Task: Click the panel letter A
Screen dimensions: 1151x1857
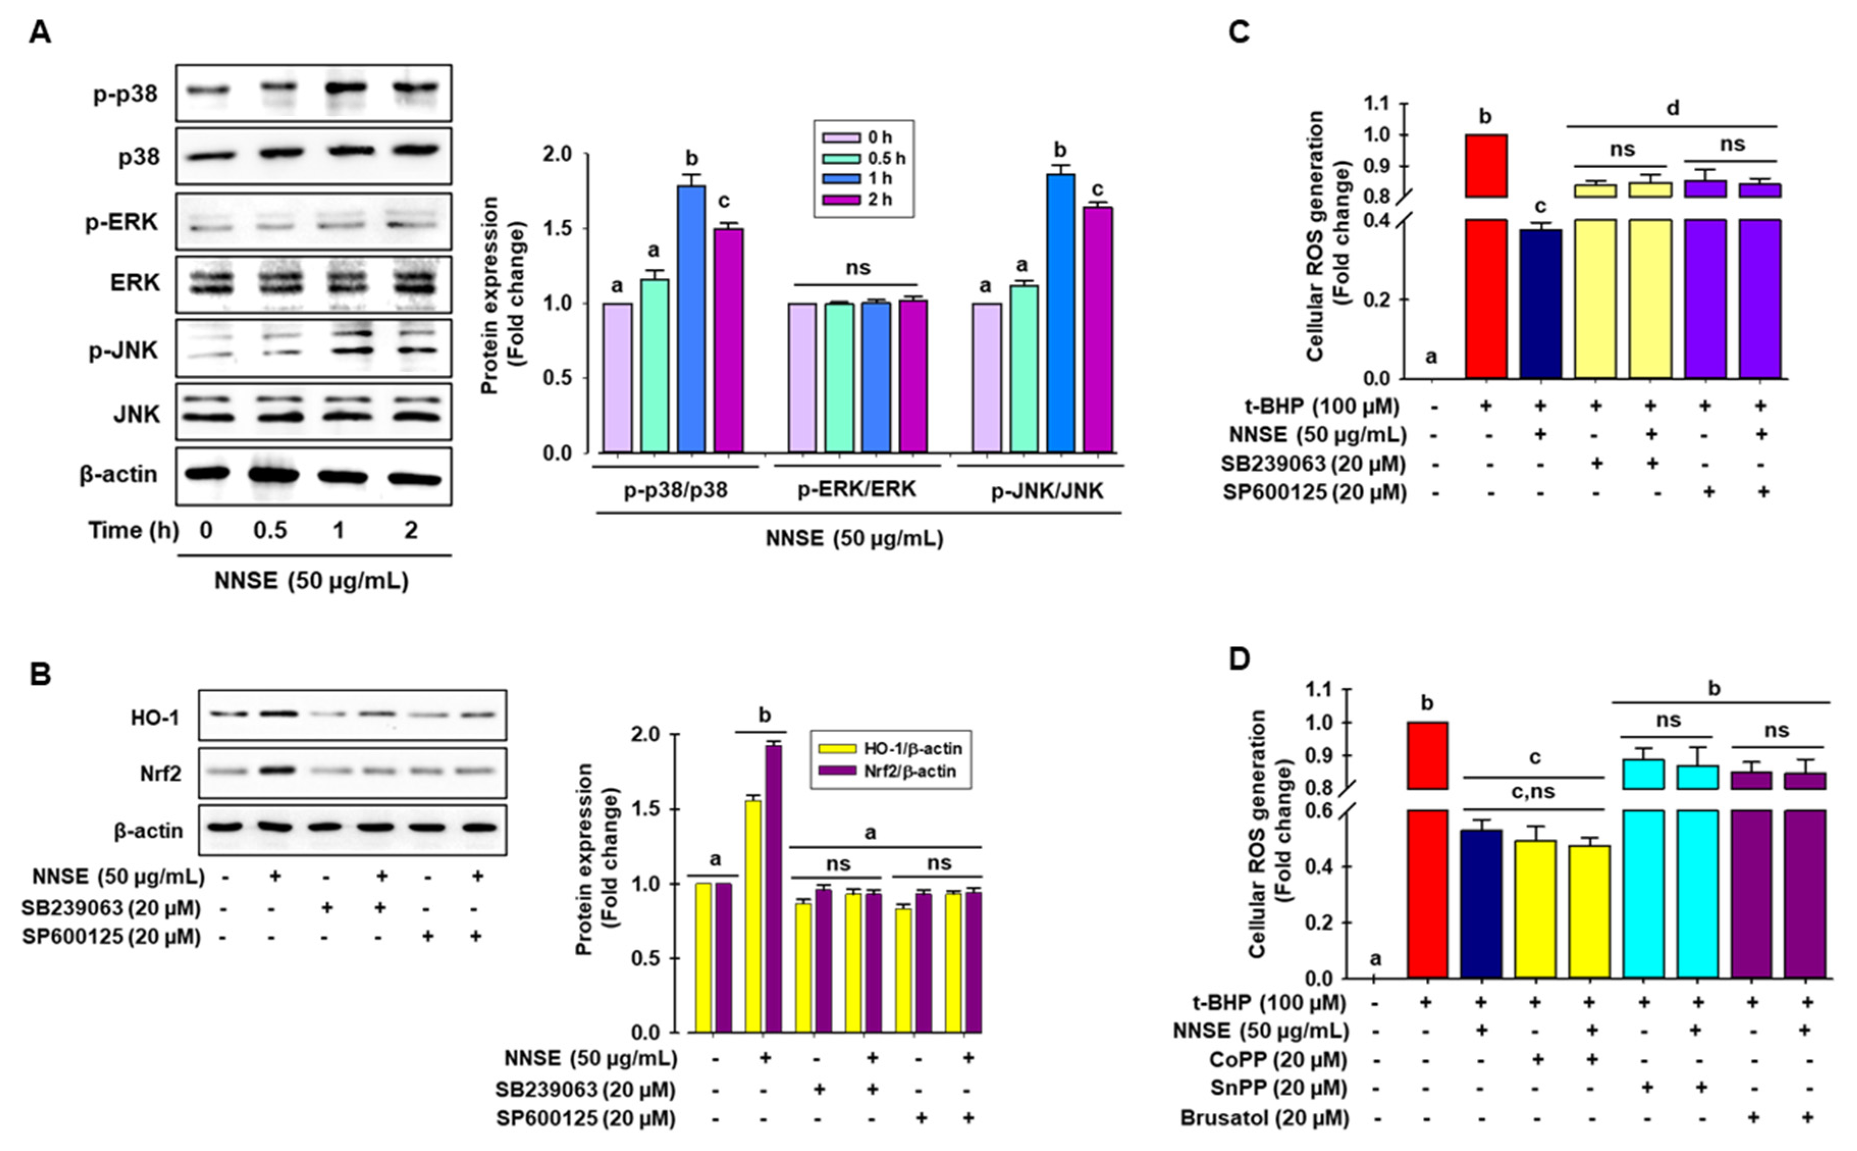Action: [x=40, y=33]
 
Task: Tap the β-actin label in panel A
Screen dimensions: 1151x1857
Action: [x=118, y=474]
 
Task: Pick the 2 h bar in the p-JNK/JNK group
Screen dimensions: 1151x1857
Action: [x=1098, y=329]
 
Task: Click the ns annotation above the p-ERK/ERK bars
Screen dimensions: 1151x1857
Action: [x=858, y=267]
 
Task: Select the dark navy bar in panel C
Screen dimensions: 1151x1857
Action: [x=1540, y=303]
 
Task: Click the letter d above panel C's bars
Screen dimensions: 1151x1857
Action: [x=1673, y=108]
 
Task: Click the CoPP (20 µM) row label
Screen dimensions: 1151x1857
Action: [x=1278, y=1060]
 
